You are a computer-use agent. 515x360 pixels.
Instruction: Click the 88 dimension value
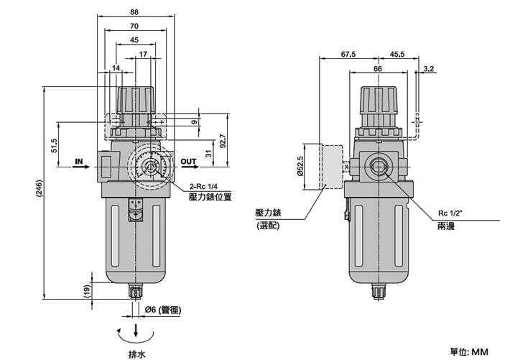pyautogui.click(x=134, y=12)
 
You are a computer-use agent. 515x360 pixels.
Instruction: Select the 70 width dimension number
pyautogui.click(x=134, y=26)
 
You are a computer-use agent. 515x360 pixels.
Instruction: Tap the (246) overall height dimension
pyautogui.click(x=39, y=188)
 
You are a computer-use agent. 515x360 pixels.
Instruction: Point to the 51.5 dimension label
pyautogui.click(x=54, y=146)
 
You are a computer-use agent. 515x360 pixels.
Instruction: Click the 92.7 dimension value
pyautogui.click(x=223, y=141)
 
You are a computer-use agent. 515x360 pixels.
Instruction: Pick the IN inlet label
pyautogui.click(x=79, y=161)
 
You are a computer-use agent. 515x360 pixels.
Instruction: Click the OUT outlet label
pyautogui.click(x=188, y=161)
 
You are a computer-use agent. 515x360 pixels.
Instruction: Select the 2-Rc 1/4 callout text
pyautogui.click(x=204, y=187)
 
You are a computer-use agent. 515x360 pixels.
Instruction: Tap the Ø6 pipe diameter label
pyautogui.click(x=163, y=310)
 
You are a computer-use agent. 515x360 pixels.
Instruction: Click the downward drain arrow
pyautogui.click(x=136, y=330)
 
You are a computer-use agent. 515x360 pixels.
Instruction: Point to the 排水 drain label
pyautogui.click(x=136, y=354)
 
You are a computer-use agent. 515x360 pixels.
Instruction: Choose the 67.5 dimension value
pyautogui.click(x=348, y=54)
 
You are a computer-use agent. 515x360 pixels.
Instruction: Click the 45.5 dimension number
pyautogui.click(x=397, y=54)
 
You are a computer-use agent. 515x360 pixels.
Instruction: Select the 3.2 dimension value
pyautogui.click(x=429, y=69)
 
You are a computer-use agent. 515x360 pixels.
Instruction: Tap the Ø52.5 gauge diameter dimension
pyautogui.click(x=300, y=166)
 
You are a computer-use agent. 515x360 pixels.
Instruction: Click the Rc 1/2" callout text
pyautogui.click(x=450, y=213)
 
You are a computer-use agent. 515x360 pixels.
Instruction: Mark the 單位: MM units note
pyautogui.click(x=469, y=352)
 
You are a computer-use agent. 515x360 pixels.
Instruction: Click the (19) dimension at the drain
pyautogui.click(x=86, y=291)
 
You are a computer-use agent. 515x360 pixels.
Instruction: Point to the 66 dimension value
pyautogui.click(x=378, y=69)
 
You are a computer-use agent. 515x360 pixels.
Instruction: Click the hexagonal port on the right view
pyautogui.click(x=379, y=167)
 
